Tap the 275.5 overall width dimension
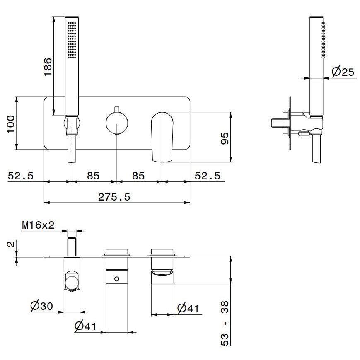point(114,197)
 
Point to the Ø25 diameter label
point(343,72)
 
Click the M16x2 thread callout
point(39,225)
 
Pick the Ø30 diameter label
point(41,306)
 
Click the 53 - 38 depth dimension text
point(225,323)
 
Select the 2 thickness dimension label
point(11,244)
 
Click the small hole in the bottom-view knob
point(117,278)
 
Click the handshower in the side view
point(317,66)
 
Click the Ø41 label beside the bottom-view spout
point(188,309)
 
